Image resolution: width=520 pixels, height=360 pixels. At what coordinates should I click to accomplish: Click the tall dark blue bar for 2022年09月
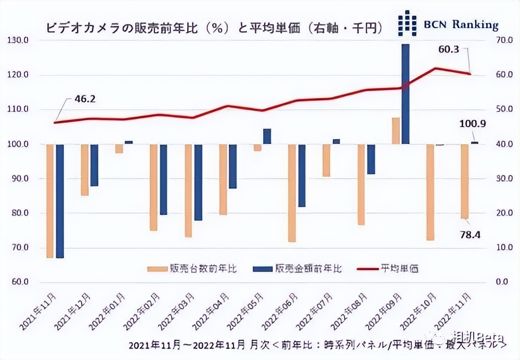point(405,94)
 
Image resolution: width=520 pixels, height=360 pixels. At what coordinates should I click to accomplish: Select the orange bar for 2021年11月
point(50,201)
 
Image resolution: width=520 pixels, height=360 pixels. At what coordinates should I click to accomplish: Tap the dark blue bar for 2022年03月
point(198,182)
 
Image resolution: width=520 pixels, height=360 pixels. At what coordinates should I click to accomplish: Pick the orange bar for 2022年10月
point(430,192)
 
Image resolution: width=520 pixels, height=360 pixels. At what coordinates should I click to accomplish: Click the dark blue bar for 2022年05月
point(267,136)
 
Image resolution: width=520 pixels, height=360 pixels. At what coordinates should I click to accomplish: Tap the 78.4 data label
point(469,234)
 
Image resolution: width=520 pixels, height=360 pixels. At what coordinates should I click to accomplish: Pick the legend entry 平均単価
point(400,269)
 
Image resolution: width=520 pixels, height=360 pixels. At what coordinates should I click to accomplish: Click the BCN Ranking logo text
point(460,24)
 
